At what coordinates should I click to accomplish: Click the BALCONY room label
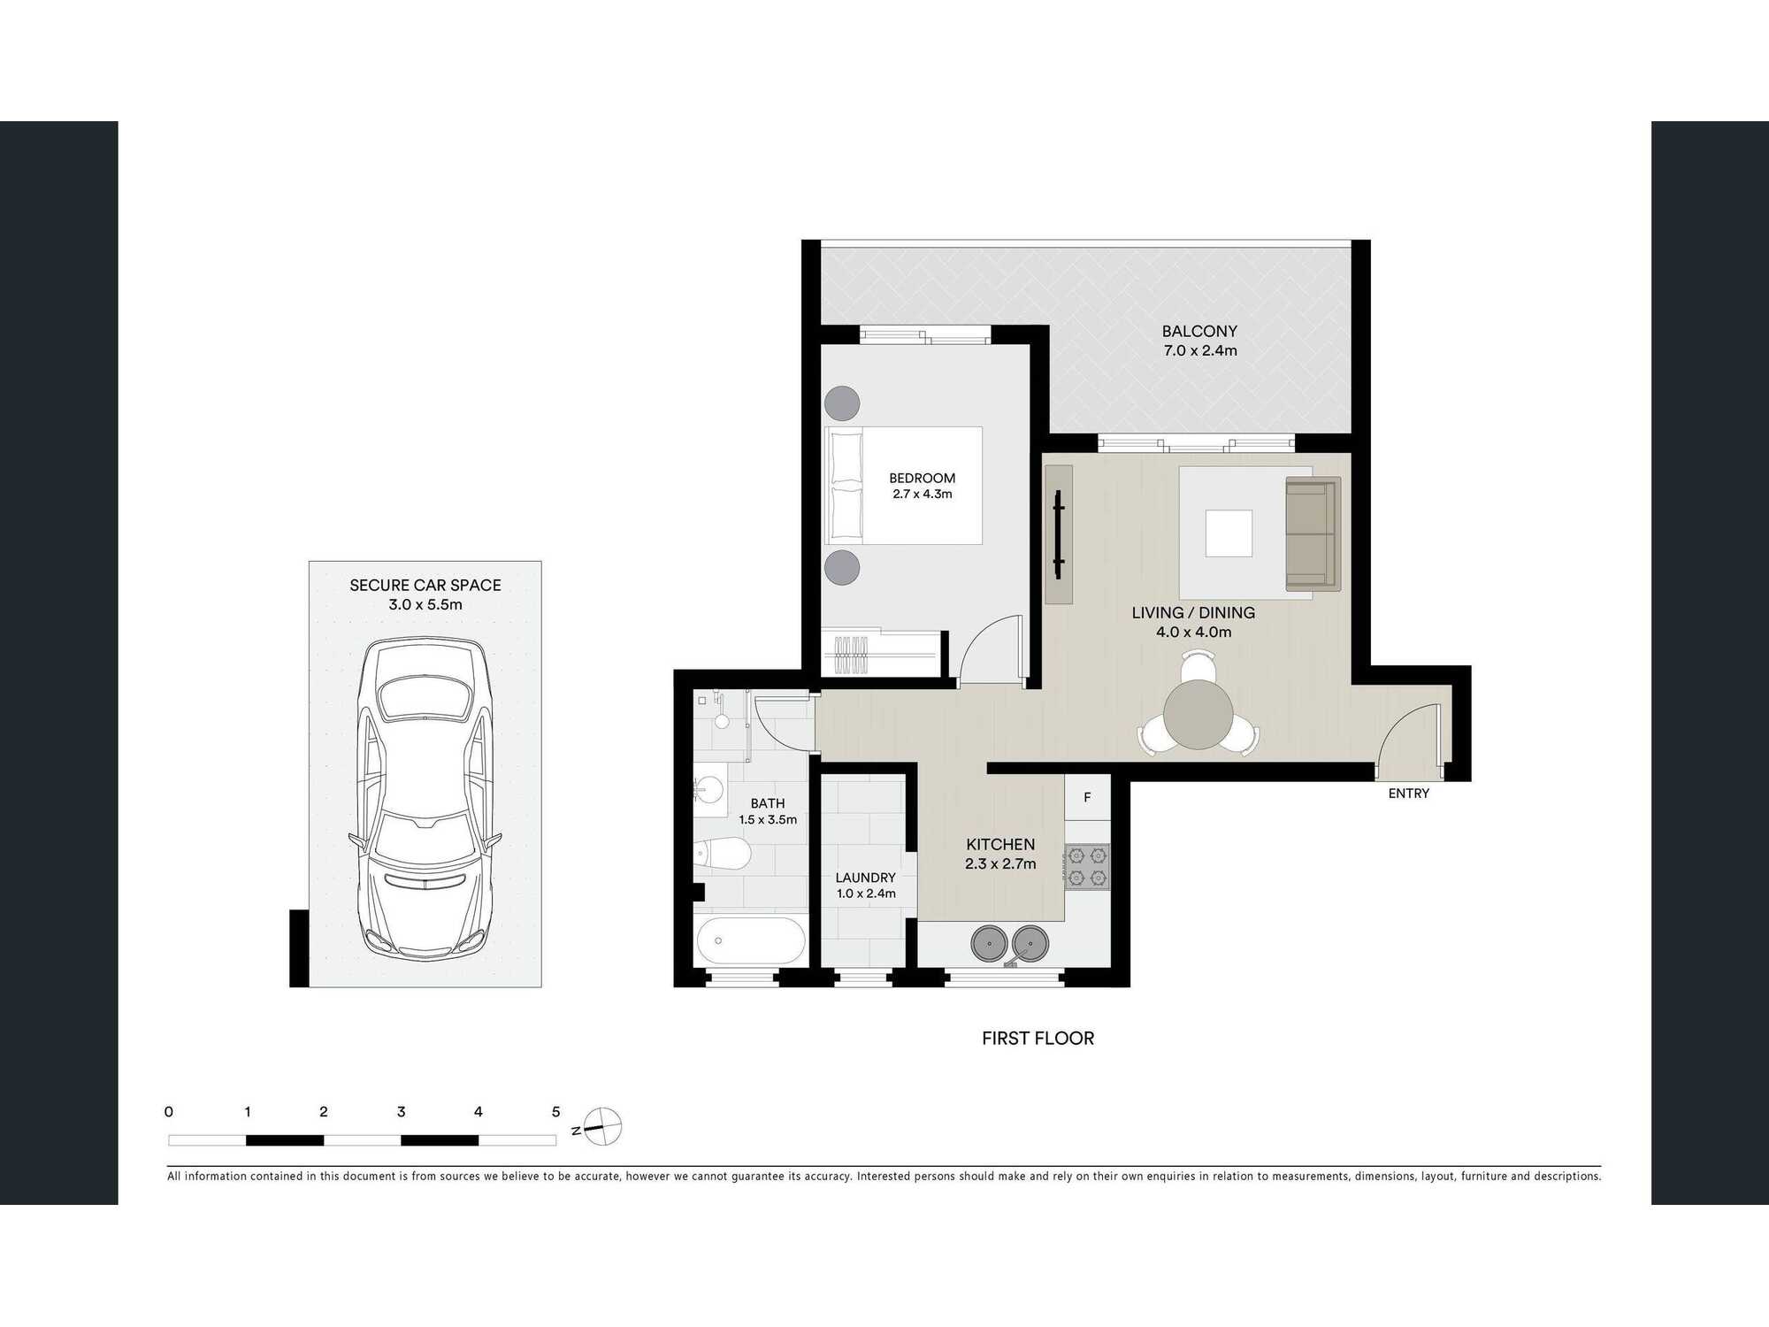pyautogui.click(x=1198, y=331)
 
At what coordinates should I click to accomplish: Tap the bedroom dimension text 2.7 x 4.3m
pyautogui.click(x=922, y=495)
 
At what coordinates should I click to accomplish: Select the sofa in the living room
pyautogui.click(x=1313, y=533)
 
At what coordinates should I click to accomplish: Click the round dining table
pyautogui.click(x=1198, y=714)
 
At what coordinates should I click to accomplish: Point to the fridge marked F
pyautogui.click(x=1087, y=797)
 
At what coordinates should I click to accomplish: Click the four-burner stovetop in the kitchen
pyautogui.click(x=1087, y=867)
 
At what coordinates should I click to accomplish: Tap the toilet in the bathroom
pyautogui.click(x=724, y=855)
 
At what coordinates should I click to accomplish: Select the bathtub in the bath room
pyautogui.click(x=750, y=941)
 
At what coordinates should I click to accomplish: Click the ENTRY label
pyautogui.click(x=1408, y=794)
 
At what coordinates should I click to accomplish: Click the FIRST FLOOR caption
pyautogui.click(x=1038, y=1039)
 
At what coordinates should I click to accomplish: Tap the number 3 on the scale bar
pyautogui.click(x=401, y=1112)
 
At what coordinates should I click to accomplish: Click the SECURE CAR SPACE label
pyautogui.click(x=425, y=586)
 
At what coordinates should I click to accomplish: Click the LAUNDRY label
pyautogui.click(x=865, y=878)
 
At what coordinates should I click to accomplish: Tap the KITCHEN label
pyautogui.click(x=999, y=845)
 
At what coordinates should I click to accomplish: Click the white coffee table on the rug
pyautogui.click(x=1229, y=533)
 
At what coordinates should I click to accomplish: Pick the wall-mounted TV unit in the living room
pyautogui.click(x=1059, y=534)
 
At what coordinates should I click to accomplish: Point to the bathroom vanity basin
pyautogui.click(x=709, y=787)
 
